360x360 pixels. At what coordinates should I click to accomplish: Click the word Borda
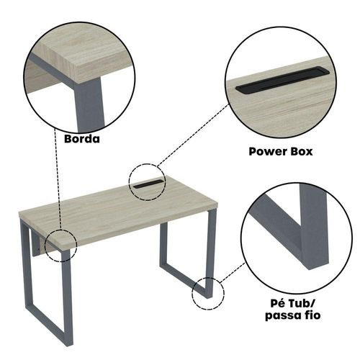82,139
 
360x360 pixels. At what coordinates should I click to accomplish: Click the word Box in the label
302,152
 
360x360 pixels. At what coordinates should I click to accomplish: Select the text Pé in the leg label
278,303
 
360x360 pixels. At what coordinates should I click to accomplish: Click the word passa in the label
284,315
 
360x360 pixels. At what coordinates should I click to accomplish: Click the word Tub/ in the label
302,303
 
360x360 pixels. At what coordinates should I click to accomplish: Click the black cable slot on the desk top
148,184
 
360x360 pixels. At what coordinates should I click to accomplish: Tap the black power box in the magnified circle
283,80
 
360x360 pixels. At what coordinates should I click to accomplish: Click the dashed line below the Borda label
58,179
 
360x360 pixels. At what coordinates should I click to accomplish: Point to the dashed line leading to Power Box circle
193,135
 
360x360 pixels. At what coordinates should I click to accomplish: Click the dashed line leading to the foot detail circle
233,273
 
